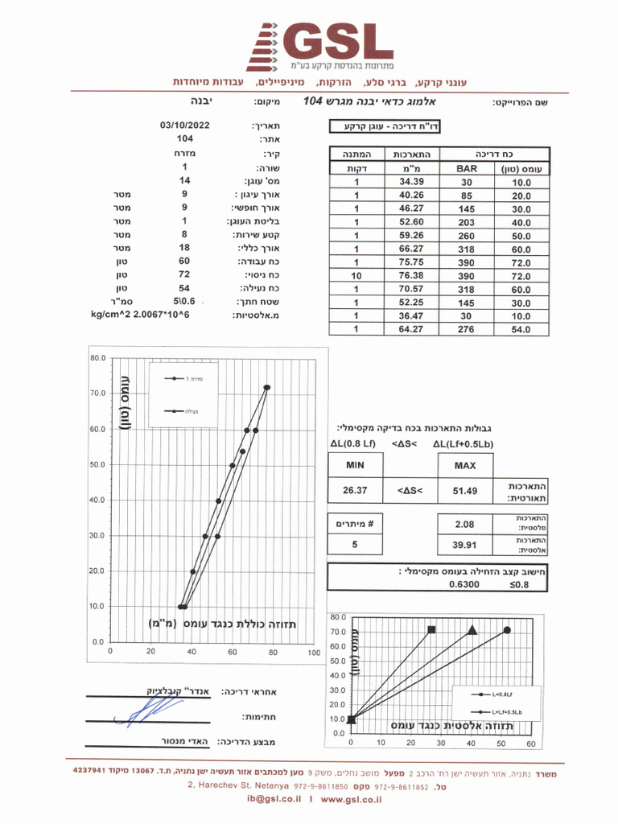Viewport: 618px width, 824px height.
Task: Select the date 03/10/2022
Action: coord(184,126)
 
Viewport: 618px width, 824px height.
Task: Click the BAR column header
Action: coord(467,170)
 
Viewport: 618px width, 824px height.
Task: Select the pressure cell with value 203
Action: coord(467,223)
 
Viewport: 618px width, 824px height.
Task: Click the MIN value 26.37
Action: coord(355,489)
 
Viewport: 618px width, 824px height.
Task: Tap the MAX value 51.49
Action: coord(464,489)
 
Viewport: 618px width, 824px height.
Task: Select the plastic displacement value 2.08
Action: coord(464,525)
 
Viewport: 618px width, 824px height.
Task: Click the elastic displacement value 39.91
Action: coord(464,546)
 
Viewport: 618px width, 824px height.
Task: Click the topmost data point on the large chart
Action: coord(267,387)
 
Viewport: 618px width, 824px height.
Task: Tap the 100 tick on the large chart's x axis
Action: coord(314,652)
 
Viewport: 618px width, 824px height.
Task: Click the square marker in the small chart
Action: coord(432,629)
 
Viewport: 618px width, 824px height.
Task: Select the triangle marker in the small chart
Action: coord(472,630)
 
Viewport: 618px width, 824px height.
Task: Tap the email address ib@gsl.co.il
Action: coord(274,800)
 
